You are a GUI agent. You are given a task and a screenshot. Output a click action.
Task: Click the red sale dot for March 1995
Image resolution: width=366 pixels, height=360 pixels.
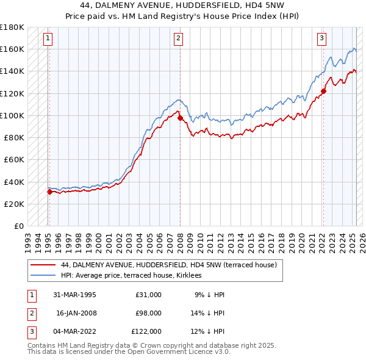49,192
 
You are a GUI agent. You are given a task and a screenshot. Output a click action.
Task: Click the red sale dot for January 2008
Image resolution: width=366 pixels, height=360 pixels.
181,118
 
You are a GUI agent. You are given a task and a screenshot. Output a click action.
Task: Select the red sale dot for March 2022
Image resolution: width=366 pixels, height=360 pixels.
324,92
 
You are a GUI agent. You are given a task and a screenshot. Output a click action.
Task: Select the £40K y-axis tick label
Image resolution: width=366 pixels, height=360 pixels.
14,182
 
